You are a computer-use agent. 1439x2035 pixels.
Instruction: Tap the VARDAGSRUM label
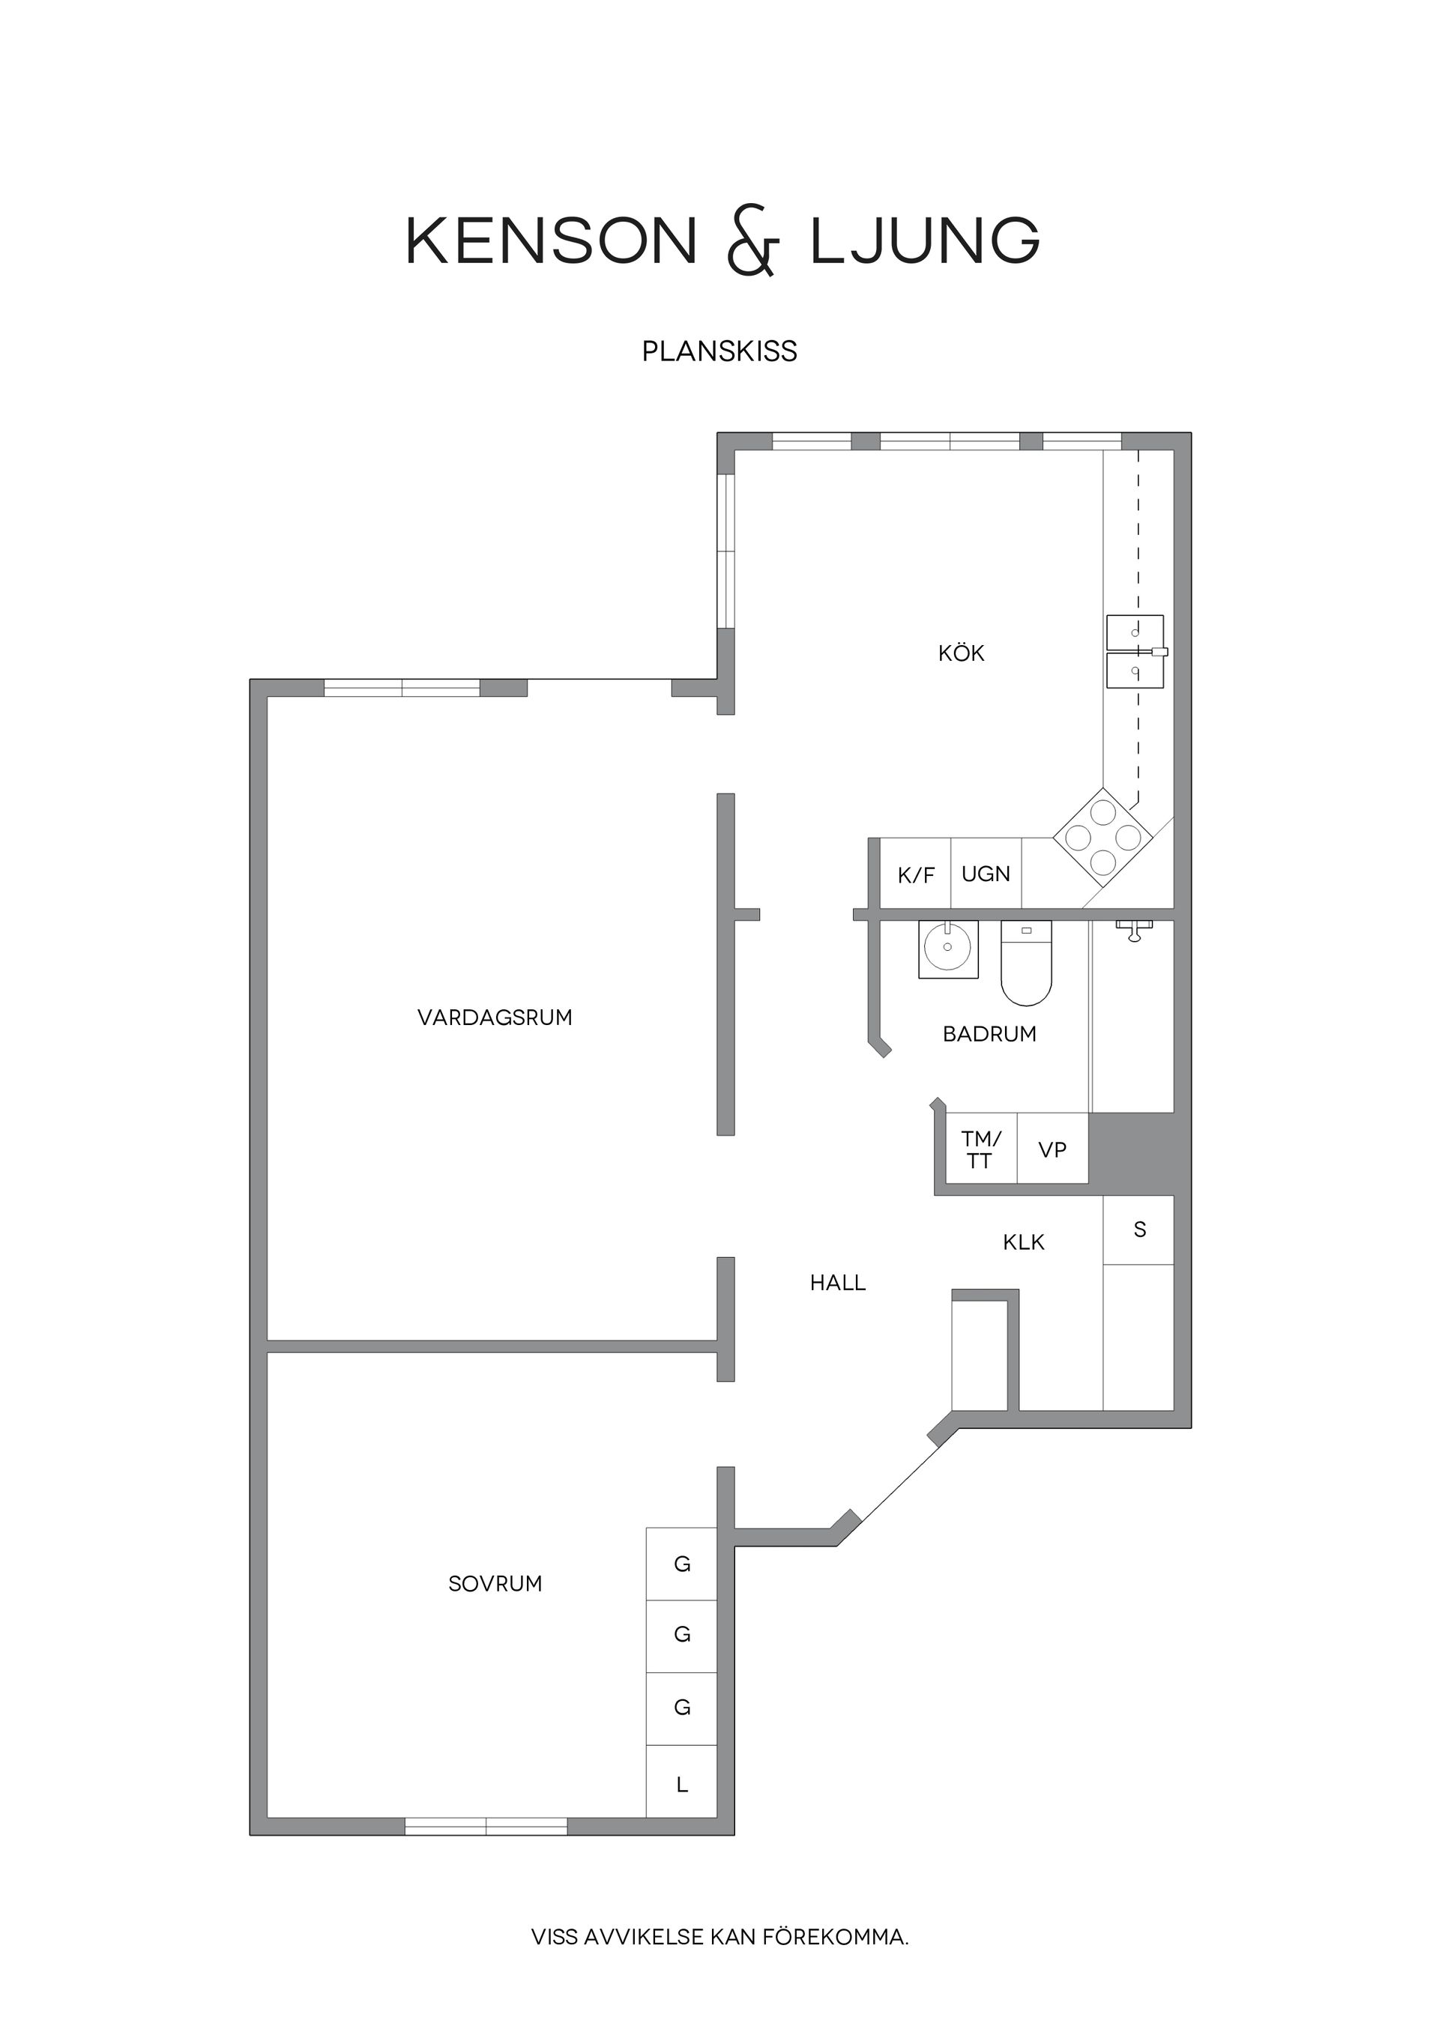pos(495,1017)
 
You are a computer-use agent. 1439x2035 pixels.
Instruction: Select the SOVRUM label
pos(495,1584)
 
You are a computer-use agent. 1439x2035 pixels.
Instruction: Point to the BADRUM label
pos(989,1033)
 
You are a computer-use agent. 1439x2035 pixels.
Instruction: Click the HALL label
pos(837,1283)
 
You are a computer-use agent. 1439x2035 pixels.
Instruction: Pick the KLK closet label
pos(1023,1242)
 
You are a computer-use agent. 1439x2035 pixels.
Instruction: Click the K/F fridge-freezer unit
pos(916,876)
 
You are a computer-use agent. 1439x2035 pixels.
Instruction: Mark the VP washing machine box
pos(1052,1149)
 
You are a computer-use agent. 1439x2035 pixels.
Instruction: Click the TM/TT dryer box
pos(980,1149)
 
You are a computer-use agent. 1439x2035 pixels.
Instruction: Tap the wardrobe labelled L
pos(682,1784)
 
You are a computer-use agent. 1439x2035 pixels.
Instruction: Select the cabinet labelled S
pos(1139,1230)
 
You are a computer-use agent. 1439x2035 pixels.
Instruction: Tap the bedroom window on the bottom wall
pos(486,1826)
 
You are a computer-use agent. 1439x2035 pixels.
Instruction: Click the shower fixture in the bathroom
pos(1134,929)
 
